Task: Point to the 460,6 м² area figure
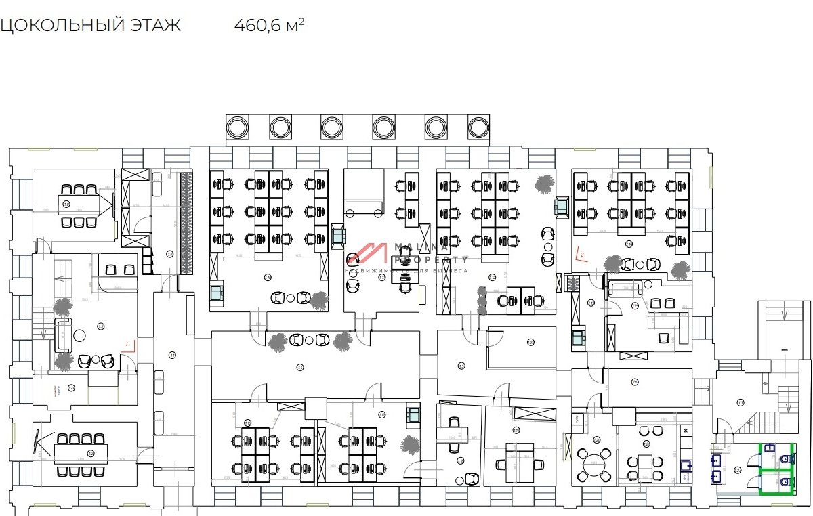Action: coord(269,26)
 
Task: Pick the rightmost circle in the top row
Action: coord(478,127)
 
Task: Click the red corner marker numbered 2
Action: coord(581,256)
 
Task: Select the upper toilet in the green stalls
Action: coord(785,458)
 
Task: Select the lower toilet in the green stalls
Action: coord(785,482)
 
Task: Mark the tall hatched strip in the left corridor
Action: coord(184,223)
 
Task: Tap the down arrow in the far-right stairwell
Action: coord(785,314)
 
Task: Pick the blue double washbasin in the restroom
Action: coord(715,468)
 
